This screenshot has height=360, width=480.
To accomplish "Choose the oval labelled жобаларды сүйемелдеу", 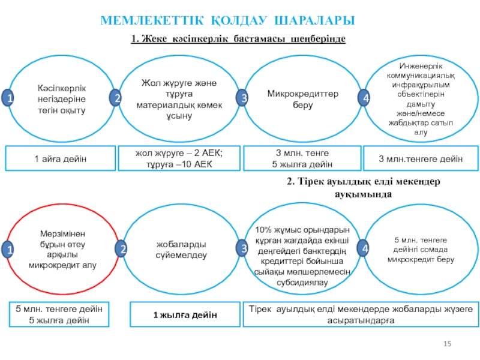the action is (182, 250).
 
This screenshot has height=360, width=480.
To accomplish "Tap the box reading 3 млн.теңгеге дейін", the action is (421, 158).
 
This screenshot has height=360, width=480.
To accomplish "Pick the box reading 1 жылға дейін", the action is (184, 315).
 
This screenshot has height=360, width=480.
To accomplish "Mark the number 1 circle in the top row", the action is (9, 98).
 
